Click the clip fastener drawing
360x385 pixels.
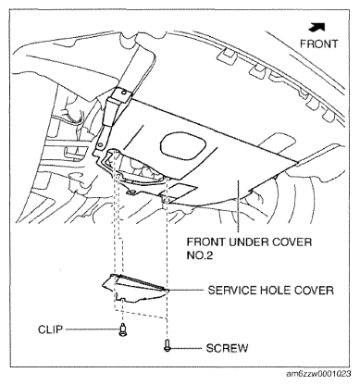(x=122, y=329)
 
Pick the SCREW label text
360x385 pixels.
(x=223, y=349)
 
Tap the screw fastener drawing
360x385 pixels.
(x=167, y=347)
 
